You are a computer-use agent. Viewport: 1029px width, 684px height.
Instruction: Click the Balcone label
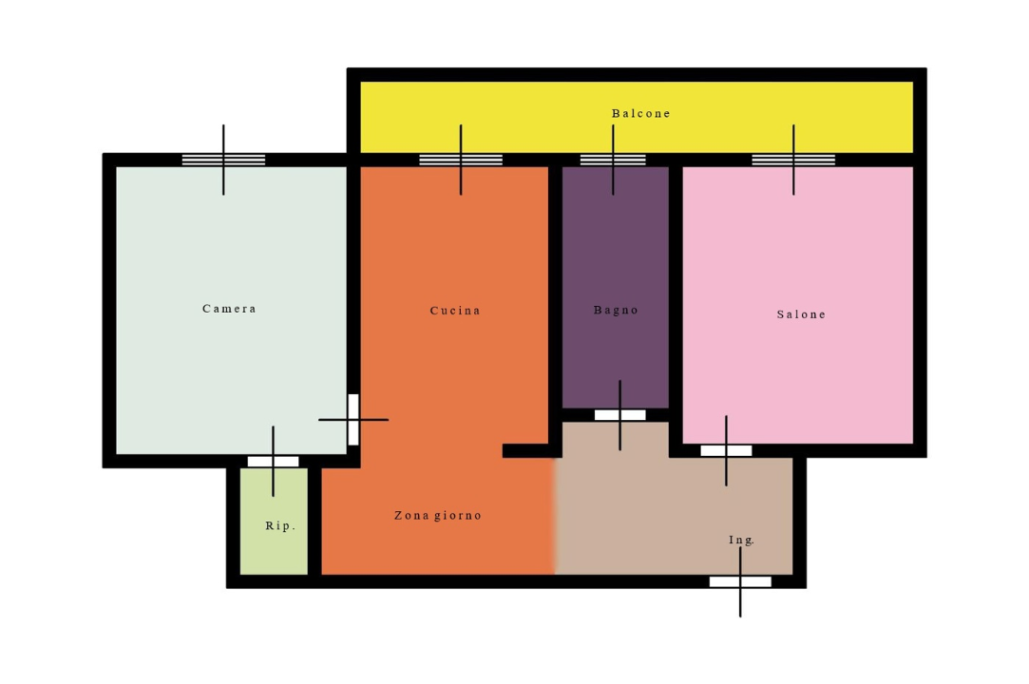640,114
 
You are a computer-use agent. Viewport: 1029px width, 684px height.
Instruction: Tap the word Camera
229,309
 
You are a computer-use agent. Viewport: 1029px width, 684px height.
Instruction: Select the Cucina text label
455,311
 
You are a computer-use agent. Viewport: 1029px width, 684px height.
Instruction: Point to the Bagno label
616,310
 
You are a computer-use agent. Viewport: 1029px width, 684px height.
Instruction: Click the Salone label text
801,314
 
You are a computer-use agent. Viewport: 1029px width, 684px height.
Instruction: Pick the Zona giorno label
438,515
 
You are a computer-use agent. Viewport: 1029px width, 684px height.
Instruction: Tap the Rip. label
280,525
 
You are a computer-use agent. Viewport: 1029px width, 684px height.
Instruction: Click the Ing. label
741,541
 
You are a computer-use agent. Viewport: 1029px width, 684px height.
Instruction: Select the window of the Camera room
224,160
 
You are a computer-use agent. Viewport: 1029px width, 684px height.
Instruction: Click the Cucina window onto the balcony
461,160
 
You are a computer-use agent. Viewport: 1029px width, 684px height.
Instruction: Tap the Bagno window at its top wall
613,160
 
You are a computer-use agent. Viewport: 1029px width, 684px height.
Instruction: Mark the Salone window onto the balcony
793,160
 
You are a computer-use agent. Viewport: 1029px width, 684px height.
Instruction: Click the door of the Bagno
620,415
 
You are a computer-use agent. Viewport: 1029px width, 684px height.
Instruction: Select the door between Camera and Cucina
353,420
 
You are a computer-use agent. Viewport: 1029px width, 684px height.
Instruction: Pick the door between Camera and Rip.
273,462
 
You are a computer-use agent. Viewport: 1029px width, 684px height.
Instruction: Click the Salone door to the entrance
726,451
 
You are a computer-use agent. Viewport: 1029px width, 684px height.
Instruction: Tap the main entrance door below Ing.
740,581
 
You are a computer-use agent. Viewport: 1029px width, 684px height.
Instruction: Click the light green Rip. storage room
274,522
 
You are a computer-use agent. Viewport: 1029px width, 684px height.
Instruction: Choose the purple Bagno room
616,287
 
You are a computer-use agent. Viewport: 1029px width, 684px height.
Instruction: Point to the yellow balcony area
637,117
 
